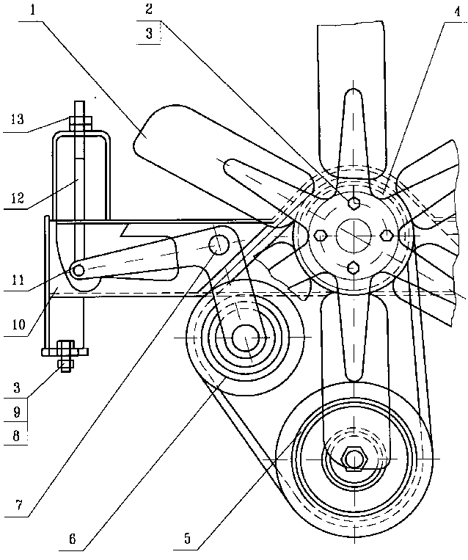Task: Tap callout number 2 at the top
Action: point(149,9)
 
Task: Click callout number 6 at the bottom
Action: point(73,539)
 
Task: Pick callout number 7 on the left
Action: point(18,505)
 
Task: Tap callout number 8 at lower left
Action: point(16,436)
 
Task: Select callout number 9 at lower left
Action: point(16,412)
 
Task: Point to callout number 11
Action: point(17,280)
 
